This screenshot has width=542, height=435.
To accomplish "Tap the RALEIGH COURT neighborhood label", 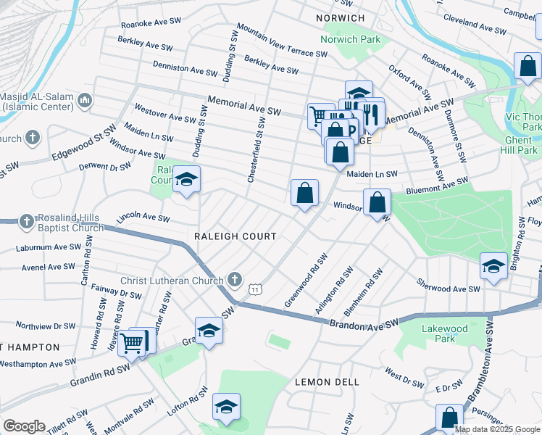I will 235,236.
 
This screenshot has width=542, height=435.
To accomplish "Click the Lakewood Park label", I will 444,334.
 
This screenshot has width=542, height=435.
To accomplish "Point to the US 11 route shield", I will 255,289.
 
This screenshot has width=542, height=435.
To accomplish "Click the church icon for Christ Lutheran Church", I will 234,279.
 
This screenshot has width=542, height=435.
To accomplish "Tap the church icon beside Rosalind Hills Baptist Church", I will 25,221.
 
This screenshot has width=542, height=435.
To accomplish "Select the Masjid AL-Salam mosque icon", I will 85,99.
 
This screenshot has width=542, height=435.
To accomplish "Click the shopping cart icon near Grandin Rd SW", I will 131,342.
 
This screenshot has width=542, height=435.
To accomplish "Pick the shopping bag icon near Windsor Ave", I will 378,202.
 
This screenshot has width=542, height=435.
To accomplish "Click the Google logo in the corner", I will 24,426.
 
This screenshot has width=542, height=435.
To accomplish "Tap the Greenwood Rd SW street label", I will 306,280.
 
